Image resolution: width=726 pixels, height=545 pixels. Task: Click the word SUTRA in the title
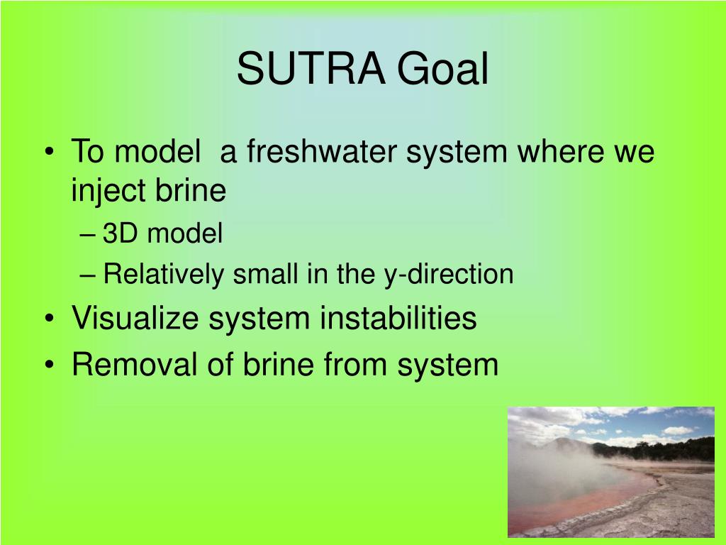pos(311,69)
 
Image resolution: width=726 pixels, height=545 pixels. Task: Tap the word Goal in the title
pos(442,69)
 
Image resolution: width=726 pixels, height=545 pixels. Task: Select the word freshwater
pos(322,151)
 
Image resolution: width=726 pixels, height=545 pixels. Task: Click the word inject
pos(108,190)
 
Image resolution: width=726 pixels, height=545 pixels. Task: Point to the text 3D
pos(120,233)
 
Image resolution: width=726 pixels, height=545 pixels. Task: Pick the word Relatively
pos(164,274)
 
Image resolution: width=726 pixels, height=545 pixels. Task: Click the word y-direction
pos(449,274)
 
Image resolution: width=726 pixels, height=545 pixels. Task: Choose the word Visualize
pos(135,318)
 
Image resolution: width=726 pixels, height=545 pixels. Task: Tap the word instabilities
pos(398,318)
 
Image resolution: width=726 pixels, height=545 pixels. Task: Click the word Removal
pos(134,364)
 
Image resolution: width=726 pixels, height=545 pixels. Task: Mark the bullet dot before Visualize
pos(50,319)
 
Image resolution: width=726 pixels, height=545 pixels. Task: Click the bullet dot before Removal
pos(50,364)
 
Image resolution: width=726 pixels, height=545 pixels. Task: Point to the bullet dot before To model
pos(50,152)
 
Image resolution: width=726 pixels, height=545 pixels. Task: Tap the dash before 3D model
pos(87,235)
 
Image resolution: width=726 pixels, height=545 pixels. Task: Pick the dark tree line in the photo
pos(657,449)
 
